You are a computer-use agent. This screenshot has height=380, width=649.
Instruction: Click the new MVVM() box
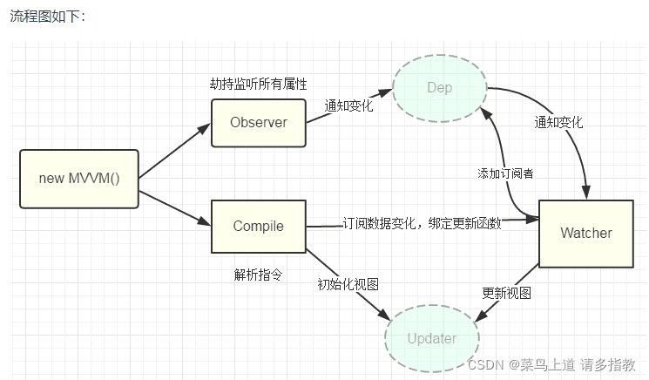click(x=79, y=179)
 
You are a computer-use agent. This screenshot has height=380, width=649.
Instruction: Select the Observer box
click(x=259, y=123)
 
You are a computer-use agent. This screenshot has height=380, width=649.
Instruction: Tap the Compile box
click(x=259, y=227)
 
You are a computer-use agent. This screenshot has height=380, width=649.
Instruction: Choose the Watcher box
click(x=585, y=233)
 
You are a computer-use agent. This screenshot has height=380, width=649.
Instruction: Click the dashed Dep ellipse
click(x=439, y=88)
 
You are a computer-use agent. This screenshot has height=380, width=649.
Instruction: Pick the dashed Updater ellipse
click(x=431, y=338)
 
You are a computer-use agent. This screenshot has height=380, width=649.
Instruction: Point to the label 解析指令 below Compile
click(x=258, y=275)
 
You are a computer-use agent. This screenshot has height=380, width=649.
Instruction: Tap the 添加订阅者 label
click(x=505, y=173)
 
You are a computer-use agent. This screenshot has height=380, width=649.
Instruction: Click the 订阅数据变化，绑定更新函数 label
click(x=422, y=224)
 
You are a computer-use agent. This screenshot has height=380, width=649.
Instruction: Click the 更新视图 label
click(x=506, y=292)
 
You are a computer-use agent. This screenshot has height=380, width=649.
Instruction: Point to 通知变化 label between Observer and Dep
click(x=348, y=105)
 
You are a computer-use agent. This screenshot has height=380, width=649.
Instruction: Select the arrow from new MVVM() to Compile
click(x=174, y=202)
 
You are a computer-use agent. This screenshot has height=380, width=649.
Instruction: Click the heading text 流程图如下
click(x=47, y=17)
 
